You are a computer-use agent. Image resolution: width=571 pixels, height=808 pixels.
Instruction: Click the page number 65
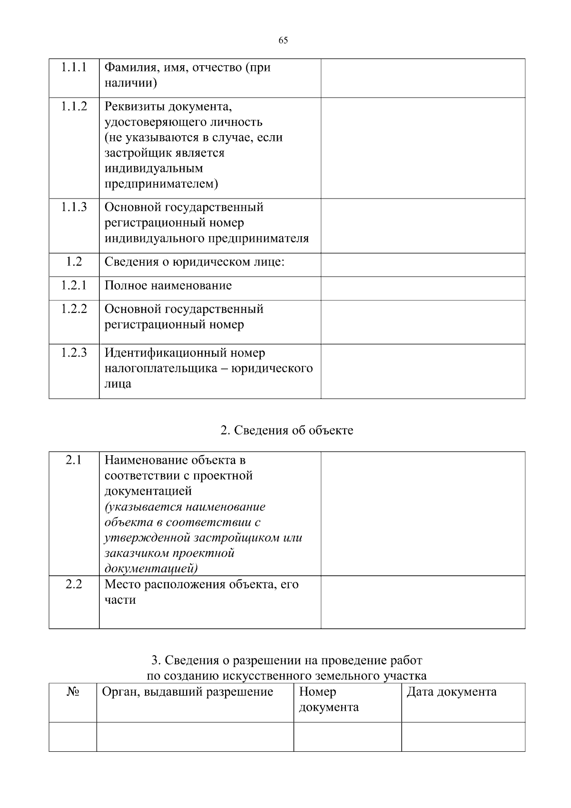coord(283,40)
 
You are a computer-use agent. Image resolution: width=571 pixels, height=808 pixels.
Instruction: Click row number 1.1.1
coord(74,67)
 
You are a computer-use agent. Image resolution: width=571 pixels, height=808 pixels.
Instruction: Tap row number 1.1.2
coord(74,106)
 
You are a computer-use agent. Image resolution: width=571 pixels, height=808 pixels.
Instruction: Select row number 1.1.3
coord(74,207)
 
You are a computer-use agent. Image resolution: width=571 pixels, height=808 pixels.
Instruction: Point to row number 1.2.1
coord(74,285)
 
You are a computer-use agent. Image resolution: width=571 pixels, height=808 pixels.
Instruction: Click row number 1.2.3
coord(74,353)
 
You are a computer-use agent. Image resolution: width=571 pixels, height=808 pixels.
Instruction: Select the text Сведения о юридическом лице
coord(194,262)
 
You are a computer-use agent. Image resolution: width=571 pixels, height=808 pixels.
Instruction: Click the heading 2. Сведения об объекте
coord(287,430)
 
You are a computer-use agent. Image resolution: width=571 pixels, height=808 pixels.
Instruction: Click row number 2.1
coord(74,460)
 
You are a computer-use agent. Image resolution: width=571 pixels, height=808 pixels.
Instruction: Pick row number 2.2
coord(74,584)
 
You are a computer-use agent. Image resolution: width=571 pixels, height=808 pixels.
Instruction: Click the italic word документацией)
coord(151,569)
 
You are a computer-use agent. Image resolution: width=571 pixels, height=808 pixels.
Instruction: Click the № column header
coord(72,692)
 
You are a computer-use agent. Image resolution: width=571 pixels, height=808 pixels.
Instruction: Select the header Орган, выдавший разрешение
coord(187,692)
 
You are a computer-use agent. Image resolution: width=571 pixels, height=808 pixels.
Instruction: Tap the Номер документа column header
coord(328,699)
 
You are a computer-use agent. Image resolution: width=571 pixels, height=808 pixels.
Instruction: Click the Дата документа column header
coord(451,692)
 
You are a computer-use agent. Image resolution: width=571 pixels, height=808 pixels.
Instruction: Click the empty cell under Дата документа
coord(463,737)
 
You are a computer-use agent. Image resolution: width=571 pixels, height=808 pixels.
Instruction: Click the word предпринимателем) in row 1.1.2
coord(161,184)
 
